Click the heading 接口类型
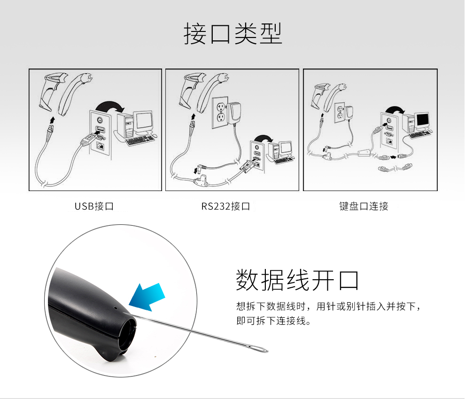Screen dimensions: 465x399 (x=233, y=33)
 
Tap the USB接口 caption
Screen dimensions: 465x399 (x=94, y=206)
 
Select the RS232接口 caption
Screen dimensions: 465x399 (x=225, y=206)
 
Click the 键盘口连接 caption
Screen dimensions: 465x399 (x=364, y=206)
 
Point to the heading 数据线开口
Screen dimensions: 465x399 (x=297, y=280)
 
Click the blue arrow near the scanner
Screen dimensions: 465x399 (x=147, y=297)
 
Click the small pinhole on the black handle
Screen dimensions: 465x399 (x=116, y=307)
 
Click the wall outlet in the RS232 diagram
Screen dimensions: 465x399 (x=220, y=113)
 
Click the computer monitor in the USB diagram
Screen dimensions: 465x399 (x=144, y=123)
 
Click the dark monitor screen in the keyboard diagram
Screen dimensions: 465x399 (x=423, y=120)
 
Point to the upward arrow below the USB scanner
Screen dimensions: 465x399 (x=53, y=120)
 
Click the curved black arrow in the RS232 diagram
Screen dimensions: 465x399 (x=263, y=138)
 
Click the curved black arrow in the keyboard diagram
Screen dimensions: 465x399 (x=395, y=110)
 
